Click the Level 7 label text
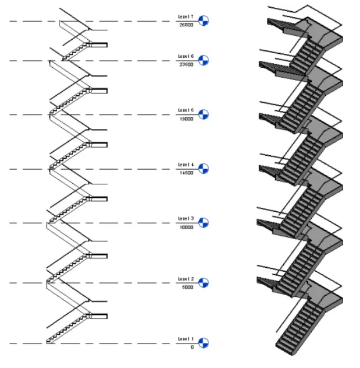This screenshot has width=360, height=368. tap(186, 17)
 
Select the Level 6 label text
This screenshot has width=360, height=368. tap(186, 57)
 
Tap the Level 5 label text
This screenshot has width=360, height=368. tap(186, 111)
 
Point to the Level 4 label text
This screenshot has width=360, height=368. tap(186, 165)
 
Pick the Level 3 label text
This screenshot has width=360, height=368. tap(186, 219)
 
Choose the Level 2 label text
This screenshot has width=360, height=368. tap(186, 279)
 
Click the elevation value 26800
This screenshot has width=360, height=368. tap(186, 25)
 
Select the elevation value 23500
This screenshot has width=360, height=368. tap(186, 64)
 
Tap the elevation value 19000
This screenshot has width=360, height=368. tap(186, 119)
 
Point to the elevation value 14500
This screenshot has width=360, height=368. tap(186, 173)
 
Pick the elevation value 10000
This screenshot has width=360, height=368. tap(186, 227)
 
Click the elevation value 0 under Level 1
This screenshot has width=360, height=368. tap(191, 347)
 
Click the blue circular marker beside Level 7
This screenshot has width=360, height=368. tap(204, 21)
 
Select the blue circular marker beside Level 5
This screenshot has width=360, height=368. tap(204, 115)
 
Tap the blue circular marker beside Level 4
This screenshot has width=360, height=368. tap(204, 169)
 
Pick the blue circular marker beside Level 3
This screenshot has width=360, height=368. tap(204, 223)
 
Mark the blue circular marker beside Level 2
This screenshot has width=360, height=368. tap(204, 283)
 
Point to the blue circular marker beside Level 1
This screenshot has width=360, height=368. tap(204, 343)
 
